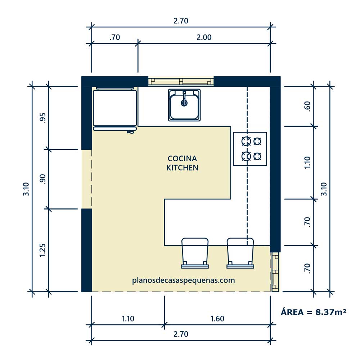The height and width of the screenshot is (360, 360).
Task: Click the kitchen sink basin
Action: pos(184,105)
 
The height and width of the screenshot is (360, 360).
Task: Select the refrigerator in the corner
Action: pos(115,109)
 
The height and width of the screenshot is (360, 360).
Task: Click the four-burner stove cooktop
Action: pos(250,149)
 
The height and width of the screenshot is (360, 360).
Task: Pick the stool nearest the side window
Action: pos(240,253)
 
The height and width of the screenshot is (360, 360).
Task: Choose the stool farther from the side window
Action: pos(195,253)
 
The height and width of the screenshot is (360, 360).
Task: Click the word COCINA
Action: pos(182,158)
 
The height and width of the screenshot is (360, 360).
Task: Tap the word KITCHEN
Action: pos(182,168)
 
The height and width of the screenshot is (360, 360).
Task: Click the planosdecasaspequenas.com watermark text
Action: pos(184,280)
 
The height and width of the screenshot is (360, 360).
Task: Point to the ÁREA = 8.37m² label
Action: pos(314,312)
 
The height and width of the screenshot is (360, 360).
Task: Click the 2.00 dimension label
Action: pos(204,37)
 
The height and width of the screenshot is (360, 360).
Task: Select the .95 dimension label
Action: pos(43,118)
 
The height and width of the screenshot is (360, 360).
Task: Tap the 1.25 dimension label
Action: pos(42,250)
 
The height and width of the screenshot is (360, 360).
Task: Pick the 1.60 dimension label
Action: pos(217,319)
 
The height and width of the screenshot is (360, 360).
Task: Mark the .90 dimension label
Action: pos(43,179)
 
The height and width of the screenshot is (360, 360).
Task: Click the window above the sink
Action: pos(181,81)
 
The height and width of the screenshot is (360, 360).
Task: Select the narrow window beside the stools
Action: pos(275,272)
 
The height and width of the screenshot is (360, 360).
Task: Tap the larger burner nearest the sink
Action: pos(246,141)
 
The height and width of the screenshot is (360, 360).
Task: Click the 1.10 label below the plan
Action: pos(128,319)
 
